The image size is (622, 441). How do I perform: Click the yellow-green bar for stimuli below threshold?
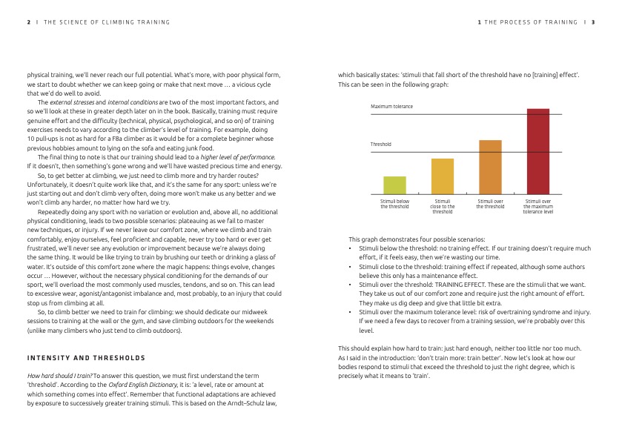(x=394, y=185)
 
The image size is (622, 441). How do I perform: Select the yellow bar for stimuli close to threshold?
(x=442, y=176)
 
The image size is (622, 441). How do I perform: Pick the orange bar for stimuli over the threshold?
(x=490, y=167)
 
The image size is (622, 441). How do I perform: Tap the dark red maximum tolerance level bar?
(x=537, y=151)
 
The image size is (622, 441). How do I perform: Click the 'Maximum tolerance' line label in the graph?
(x=392, y=107)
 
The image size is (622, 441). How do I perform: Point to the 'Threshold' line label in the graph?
(x=381, y=145)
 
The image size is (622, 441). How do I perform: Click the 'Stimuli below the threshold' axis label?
(x=394, y=204)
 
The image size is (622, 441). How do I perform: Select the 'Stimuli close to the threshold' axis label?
(x=443, y=206)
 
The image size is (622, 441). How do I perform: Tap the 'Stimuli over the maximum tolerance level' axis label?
(x=538, y=206)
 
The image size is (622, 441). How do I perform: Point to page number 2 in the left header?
(x=29, y=22)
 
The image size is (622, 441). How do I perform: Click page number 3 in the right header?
(x=593, y=22)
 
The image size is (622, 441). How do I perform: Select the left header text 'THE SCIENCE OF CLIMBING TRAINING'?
(x=107, y=22)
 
